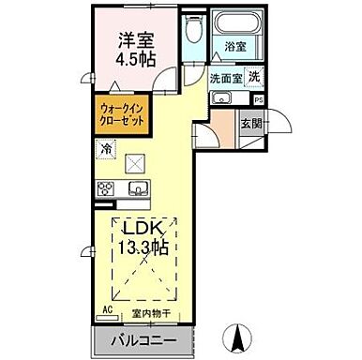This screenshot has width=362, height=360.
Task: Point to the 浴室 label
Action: (235, 47)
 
